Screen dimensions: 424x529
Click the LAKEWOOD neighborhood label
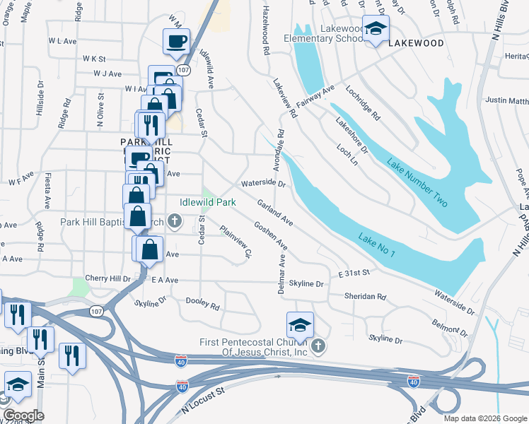(415, 43)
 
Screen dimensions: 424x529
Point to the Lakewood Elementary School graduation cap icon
(376, 29)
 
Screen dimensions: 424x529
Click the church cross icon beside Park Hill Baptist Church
(175, 223)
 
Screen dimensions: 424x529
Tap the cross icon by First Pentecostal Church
(318, 346)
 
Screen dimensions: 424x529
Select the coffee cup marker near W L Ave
(175, 41)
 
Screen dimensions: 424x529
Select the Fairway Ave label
(315, 96)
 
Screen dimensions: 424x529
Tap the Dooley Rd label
(202, 304)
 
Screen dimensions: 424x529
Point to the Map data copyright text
(484, 418)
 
